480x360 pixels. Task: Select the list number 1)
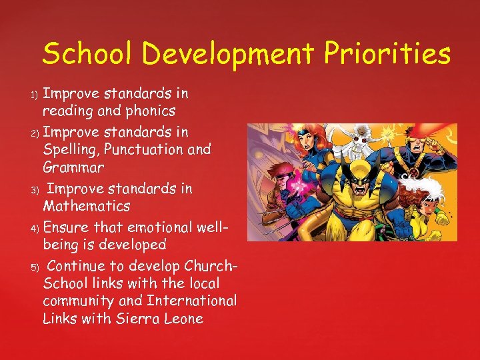point(36,93)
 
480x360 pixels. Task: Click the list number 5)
point(36,268)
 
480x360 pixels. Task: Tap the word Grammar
point(74,167)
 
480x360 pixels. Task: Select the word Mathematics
point(87,206)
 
